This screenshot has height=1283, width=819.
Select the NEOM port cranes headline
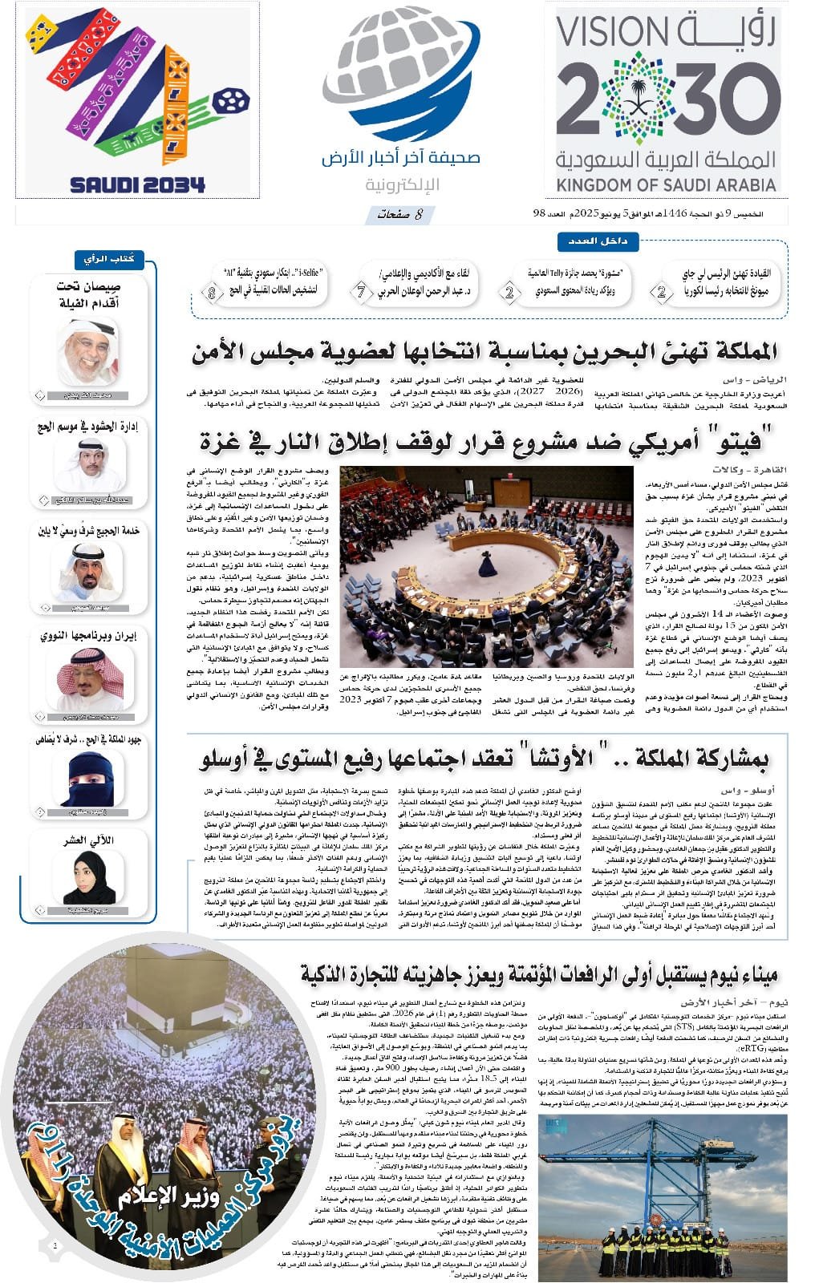(x=539, y=975)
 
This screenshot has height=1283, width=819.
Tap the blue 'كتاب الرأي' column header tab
(x=109, y=259)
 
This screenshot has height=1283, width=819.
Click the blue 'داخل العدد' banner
(x=591, y=241)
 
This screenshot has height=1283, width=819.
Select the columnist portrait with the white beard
(x=87, y=351)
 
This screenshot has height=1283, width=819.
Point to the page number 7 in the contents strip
(x=362, y=292)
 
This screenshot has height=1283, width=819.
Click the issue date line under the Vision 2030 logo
(x=659, y=214)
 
